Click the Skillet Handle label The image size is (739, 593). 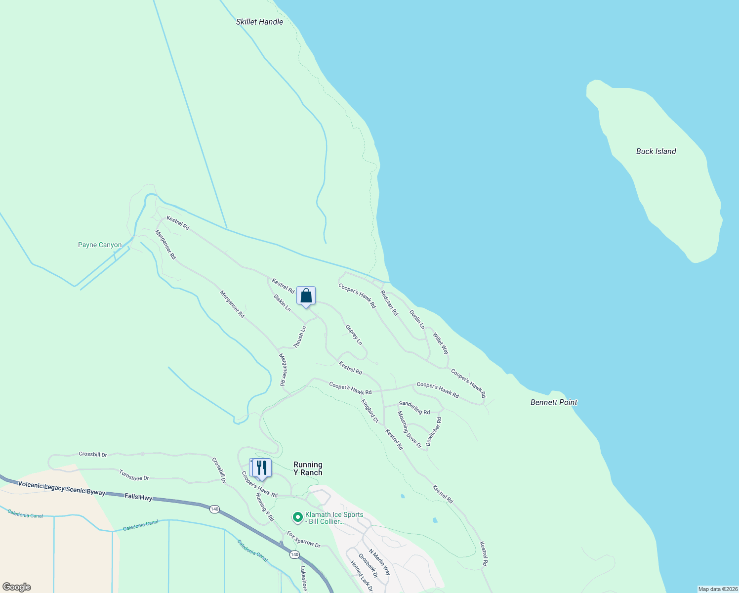click(x=259, y=22)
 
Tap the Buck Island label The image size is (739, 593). click(x=656, y=151)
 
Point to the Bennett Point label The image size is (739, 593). click(x=554, y=402)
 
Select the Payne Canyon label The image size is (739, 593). click(x=100, y=245)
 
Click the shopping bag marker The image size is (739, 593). click(x=306, y=296)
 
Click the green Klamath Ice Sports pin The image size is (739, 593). click(x=297, y=517)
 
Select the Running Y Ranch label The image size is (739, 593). click(x=308, y=468)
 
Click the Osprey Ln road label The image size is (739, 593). click(x=354, y=335)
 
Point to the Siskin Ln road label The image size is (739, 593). click(x=282, y=302)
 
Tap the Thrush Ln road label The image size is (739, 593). click(x=300, y=337)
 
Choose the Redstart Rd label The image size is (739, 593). click(x=389, y=302)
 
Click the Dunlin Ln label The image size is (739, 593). click(x=417, y=319)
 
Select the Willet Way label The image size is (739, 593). click(x=441, y=343)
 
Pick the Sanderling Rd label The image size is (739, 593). click(x=414, y=408)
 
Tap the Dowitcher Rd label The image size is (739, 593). click(x=434, y=431)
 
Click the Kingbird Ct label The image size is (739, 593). click(x=369, y=411)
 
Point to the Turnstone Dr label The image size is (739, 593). click(x=134, y=475)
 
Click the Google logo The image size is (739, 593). click(x=16, y=587)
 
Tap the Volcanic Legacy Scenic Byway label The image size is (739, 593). click(x=62, y=487)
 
